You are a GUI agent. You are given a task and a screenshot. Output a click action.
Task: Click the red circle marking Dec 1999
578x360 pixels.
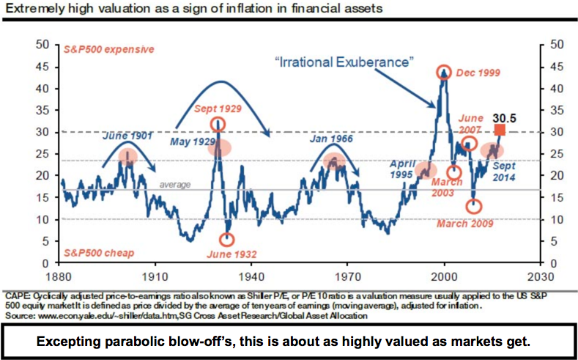443,72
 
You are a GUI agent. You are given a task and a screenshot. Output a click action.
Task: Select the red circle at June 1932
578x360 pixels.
227,239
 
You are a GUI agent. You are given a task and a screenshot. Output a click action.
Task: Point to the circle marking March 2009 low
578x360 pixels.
474,207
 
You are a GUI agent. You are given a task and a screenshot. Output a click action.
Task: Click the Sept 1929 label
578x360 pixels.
219,109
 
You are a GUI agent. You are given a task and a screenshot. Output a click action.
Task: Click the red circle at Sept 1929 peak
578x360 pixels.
218,124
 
